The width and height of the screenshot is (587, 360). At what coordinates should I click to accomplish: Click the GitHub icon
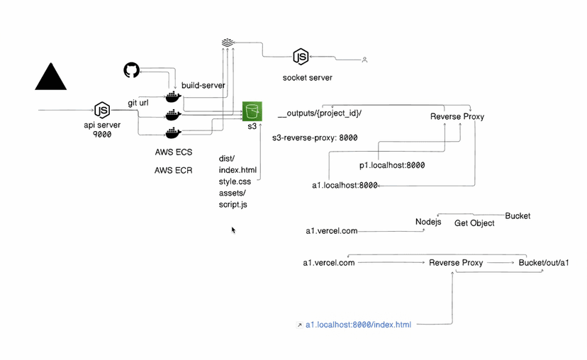pyautogui.click(x=131, y=70)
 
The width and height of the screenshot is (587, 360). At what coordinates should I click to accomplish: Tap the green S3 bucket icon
pyautogui.click(x=252, y=111)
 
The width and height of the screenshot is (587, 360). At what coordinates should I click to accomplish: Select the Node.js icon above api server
pyautogui.click(x=102, y=110)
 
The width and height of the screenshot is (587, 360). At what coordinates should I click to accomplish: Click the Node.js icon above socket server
pyautogui.click(x=301, y=57)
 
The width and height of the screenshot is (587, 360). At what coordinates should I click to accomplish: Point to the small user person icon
pyautogui.click(x=364, y=60)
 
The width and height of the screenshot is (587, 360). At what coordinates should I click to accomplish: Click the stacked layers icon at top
pyautogui.click(x=227, y=43)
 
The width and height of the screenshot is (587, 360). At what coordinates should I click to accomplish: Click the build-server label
pyautogui.click(x=203, y=85)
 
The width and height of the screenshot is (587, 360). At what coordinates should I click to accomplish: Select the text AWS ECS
pyautogui.click(x=173, y=152)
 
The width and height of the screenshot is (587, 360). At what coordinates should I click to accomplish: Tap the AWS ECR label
pyautogui.click(x=173, y=171)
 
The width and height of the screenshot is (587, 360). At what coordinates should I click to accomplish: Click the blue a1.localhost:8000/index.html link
pyautogui.click(x=358, y=325)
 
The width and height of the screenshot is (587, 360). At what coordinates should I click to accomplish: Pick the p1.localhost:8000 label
pyautogui.click(x=392, y=165)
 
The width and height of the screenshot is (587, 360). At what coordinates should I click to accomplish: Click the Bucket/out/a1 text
pyautogui.click(x=544, y=263)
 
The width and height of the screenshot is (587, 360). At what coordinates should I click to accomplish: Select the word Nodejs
pyautogui.click(x=428, y=222)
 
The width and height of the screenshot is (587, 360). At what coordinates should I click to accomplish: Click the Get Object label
pyautogui.click(x=474, y=223)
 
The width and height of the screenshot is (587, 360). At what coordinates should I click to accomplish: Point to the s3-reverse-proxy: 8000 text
pyautogui.click(x=315, y=138)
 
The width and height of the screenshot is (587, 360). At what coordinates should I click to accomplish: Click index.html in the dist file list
pyautogui.click(x=237, y=170)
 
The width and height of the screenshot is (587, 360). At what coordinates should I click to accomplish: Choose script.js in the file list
pyautogui.click(x=234, y=204)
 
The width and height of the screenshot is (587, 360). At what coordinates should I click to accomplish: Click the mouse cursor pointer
pyautogui.click(x=233, y=230)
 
